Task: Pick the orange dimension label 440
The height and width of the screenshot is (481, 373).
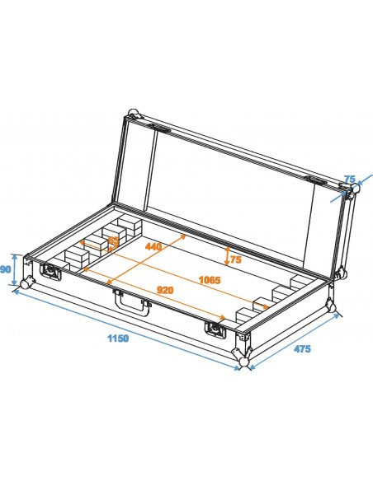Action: (153, 246)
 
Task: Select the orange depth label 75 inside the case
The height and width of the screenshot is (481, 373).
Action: (235, 259)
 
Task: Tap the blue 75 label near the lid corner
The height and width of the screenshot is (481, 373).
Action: (349, 179)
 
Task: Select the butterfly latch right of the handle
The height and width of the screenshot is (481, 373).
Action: (217, 329)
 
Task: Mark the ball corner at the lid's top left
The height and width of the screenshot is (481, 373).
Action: (133, 113)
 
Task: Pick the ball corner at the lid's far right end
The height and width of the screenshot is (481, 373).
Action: (356, 190)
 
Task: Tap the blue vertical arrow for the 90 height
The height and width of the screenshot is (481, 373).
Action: (15, 269)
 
